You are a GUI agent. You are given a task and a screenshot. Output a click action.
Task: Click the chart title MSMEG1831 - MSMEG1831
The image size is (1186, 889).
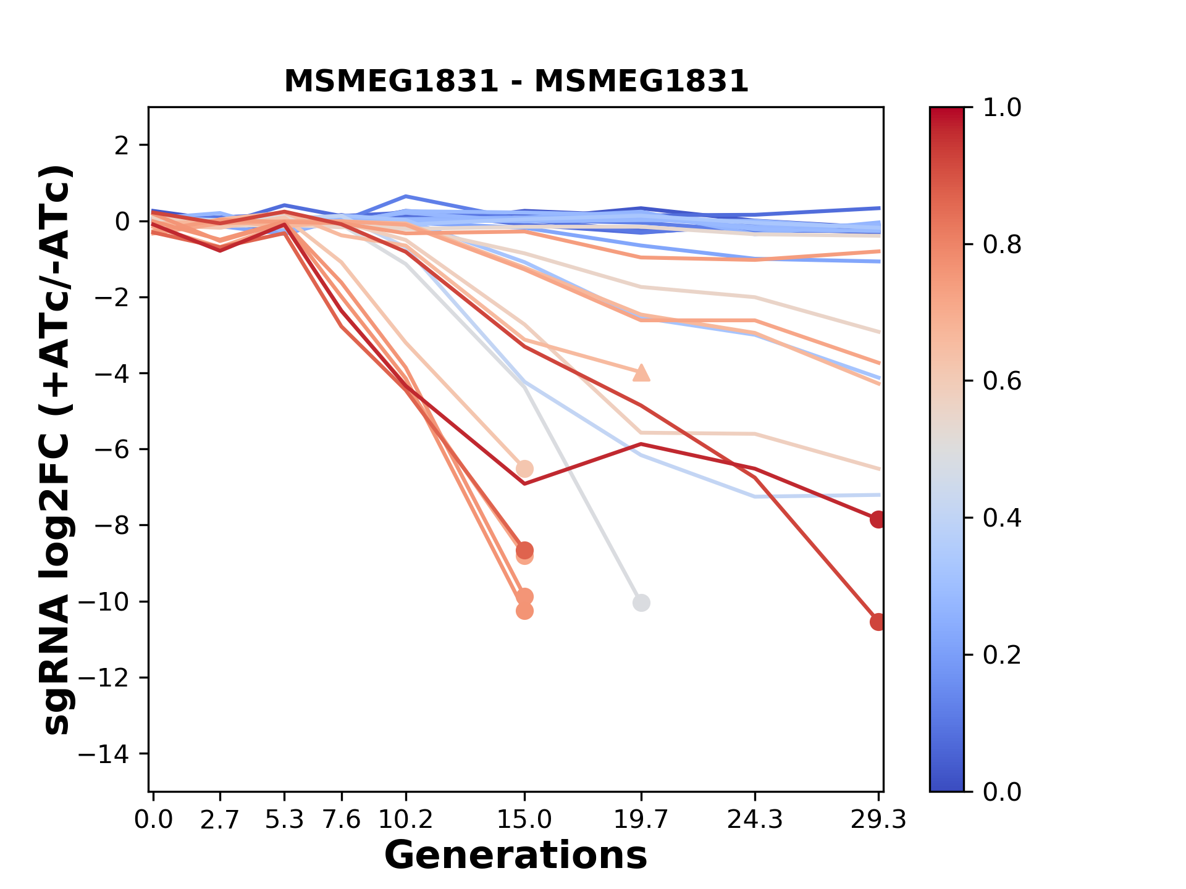(x=516, y=81)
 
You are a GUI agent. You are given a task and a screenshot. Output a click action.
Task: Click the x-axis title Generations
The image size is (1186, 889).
(x=516, y=856)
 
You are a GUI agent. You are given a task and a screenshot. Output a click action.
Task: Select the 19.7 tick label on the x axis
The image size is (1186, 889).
(x=641, y=820)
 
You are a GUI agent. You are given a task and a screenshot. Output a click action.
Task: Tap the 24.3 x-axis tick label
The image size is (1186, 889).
(x=755, y=820)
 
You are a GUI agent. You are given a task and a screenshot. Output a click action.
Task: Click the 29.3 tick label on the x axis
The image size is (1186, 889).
(x=878, y=820)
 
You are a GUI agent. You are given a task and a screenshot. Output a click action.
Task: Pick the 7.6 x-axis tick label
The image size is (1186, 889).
(x=342, y=820)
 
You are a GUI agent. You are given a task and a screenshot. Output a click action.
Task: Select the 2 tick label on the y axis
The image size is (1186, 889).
(x=122, y=145)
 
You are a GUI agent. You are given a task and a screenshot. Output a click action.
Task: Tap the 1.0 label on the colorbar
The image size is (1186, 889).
(x=1002, y=107)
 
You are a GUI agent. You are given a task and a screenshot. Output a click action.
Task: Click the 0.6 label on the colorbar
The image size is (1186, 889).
(x=1002, y=381)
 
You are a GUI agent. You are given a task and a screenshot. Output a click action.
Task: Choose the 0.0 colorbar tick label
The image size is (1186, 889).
(x=1002, y=791)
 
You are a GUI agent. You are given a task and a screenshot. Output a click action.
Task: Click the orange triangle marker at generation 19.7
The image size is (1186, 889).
(x=641, y=373)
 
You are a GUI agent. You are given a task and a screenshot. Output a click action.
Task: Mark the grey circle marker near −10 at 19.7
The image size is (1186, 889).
(x=641, y=603)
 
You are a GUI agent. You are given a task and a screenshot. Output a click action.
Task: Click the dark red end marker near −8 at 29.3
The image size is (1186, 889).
(x=878, y=519)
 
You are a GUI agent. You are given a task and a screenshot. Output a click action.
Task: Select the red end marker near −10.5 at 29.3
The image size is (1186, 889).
(x=878, y=622)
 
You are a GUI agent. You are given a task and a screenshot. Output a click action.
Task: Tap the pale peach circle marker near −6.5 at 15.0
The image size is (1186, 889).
(x=524, y=469)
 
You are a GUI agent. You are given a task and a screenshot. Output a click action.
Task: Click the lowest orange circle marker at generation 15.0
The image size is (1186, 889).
(x=524, y=611)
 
